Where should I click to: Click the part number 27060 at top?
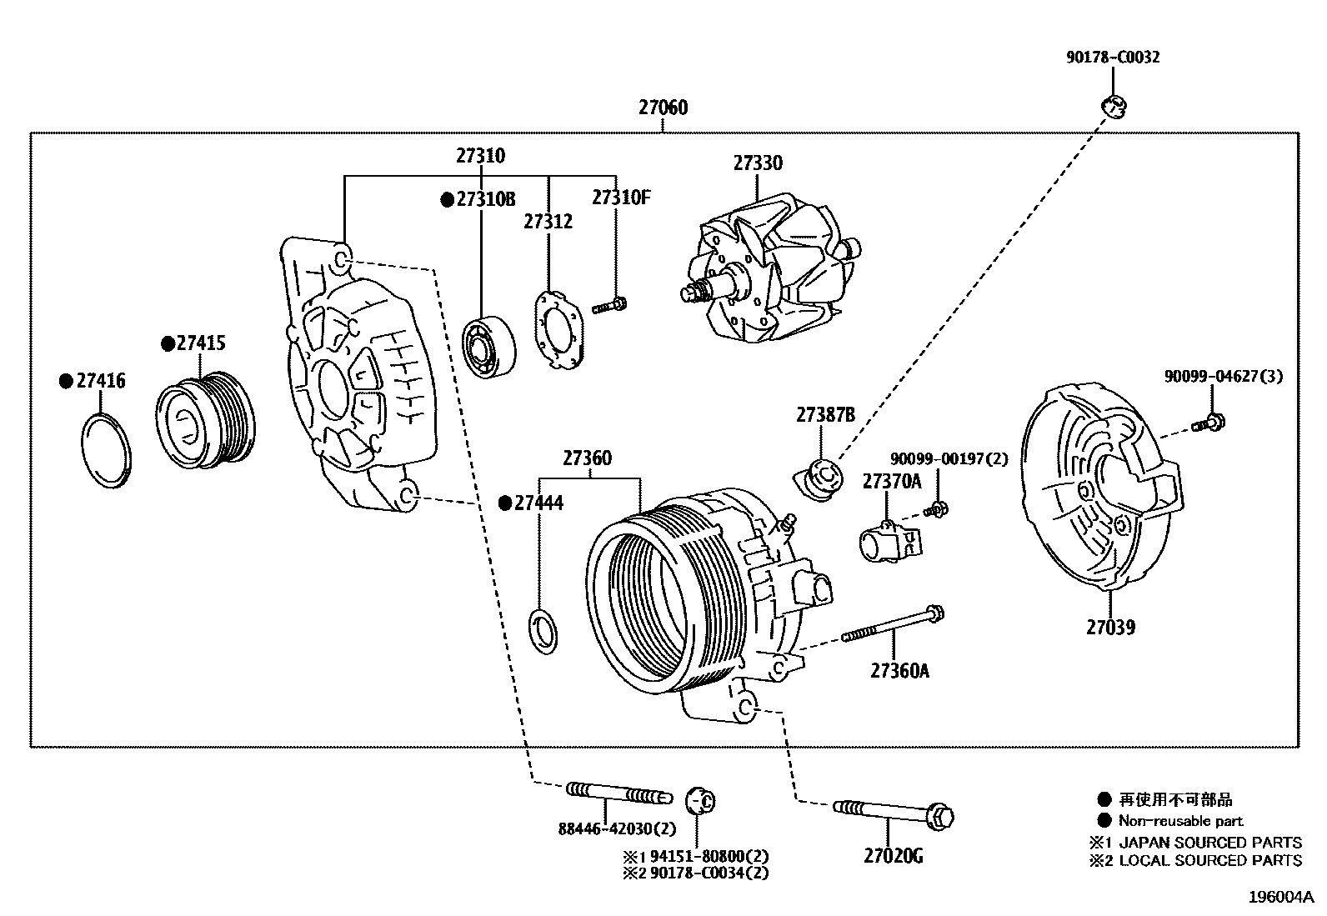pyautogui.click(x=663, y=108)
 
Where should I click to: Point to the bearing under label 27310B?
pyautogui.click(x=488, y=345)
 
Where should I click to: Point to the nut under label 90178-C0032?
pyautogui.click(x=1113, y=107)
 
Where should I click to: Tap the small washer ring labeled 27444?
pyautogui.click(x=543, y=631)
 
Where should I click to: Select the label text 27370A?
pyautogui.click(x=891, y=481)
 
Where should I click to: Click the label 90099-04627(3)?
pyautogui.click(x=1223, y=376)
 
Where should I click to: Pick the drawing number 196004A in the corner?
pyautogui.click(x=1280, y=898)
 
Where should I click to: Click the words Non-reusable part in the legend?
pyautogui.click(x=1180, y=821)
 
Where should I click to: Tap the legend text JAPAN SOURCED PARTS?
pyautogui.click(x=1209, y=843)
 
